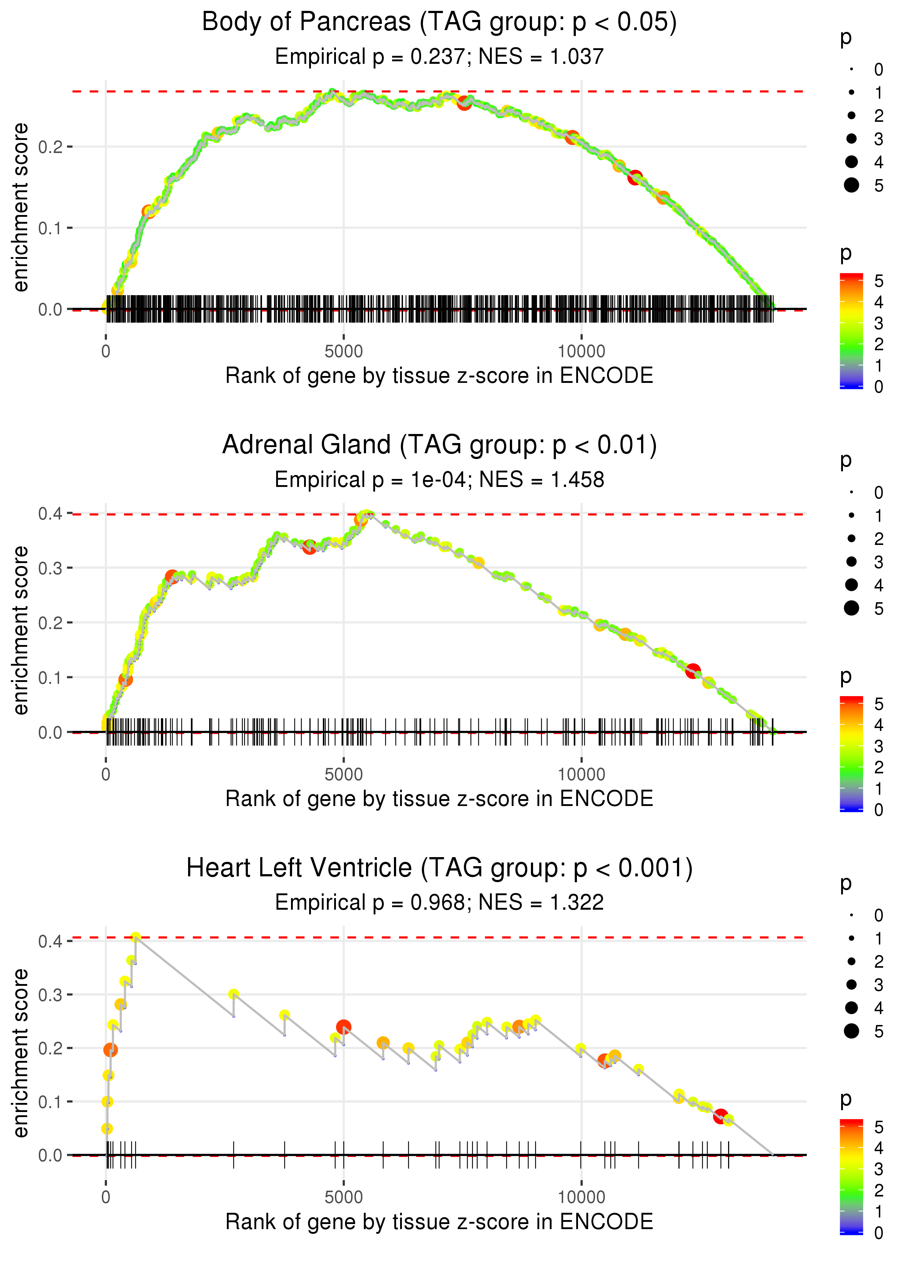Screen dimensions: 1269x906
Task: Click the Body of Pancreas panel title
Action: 439,22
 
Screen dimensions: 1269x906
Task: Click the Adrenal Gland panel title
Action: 439,445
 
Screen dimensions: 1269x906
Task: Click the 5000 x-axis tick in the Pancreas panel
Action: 343,352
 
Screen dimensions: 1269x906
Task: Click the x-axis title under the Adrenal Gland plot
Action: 439,799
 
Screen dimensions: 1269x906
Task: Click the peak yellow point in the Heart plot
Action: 135,938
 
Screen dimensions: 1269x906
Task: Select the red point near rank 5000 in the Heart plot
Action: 344,1027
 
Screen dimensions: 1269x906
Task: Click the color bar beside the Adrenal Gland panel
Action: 851,753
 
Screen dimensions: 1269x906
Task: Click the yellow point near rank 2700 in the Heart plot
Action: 234,994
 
